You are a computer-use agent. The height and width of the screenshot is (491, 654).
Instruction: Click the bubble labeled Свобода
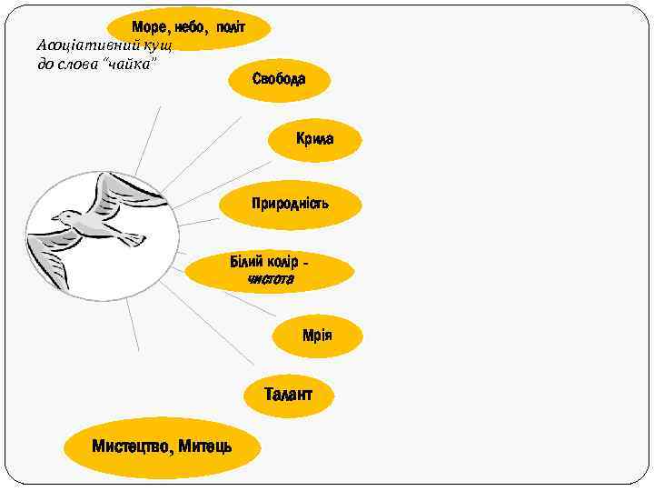(x=279, y=79)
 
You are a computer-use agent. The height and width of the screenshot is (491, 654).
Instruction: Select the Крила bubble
(x=314, y=139)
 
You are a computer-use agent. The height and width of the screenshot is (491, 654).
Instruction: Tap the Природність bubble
(x=291, y=203)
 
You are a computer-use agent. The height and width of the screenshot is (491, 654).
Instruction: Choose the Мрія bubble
(x=317, y=336)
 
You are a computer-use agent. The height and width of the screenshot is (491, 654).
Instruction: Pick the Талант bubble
(x=288, y=395)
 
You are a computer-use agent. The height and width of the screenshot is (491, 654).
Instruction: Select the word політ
(x=231, y=26)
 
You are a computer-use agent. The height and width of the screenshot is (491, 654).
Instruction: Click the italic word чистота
(x=271, y=279)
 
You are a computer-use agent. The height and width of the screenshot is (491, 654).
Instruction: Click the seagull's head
(x=64, y=218)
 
